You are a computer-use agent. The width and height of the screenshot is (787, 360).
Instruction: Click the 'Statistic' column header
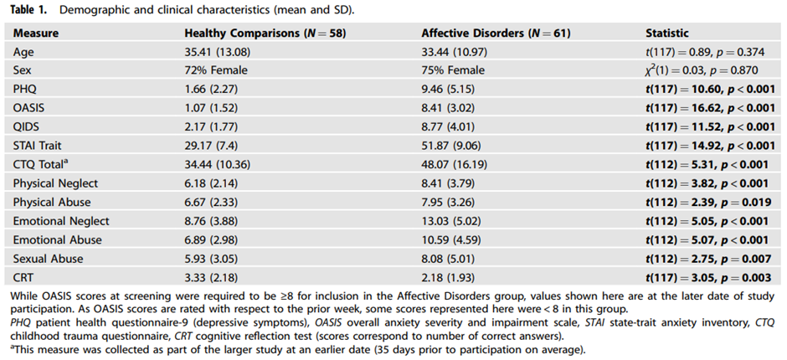(x=666, y=33)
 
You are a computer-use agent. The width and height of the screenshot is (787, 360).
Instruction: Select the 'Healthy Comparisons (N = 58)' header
(x=265, y=33)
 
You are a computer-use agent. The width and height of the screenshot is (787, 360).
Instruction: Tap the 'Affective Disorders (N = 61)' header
(x=496, y=33)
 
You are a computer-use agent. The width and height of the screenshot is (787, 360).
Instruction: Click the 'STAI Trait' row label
(x=38, y=146)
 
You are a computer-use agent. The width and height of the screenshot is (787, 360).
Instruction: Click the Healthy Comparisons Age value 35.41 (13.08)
(x=218, y=52)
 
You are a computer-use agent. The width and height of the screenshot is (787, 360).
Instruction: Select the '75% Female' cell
(x=453, y=70)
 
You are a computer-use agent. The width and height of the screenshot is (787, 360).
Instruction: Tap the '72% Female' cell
(x=216, y=70)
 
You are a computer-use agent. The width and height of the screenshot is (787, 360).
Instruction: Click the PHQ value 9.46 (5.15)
(x=448, y=90)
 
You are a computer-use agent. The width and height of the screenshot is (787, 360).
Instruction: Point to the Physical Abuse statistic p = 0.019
(x=738, y=203)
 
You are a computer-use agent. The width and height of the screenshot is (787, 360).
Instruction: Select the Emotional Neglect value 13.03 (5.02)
(x=450, y=221)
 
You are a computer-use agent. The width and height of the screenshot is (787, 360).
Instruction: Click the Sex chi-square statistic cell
(x=701, y=70)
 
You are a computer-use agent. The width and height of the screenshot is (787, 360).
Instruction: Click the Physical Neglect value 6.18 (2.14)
(x=211, y=183)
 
